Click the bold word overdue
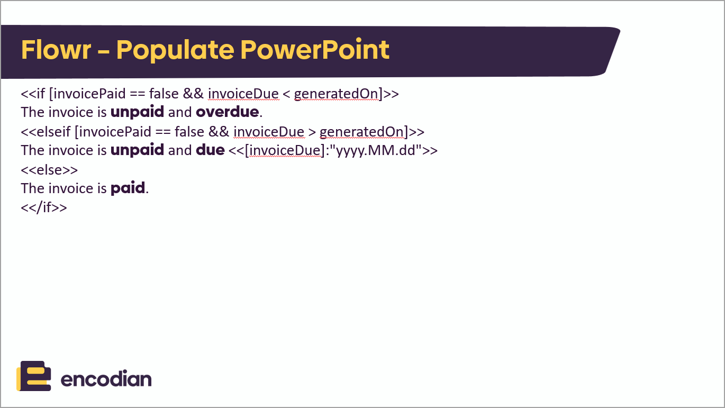click(227, 112)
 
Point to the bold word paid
click(128, 188)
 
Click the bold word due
click(210, 150)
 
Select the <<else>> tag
click(49, 169)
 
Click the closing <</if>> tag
click(44, 207)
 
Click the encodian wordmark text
click(106, 379)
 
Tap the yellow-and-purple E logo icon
click(34, 376)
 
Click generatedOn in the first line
click(336, 94)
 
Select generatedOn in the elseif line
click(362, 131)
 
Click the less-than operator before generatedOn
click(286, 94)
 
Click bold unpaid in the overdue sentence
click(137, 112)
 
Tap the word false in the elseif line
click(189, 131)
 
